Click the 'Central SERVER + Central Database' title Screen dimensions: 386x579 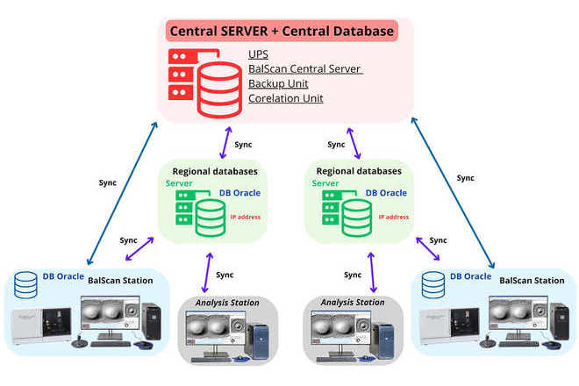[x=282, y=32]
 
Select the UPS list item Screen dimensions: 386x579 [x=258, y=54]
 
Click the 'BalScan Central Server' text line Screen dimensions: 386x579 [x=304, y=69]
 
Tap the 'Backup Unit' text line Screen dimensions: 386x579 [x=279, y=84]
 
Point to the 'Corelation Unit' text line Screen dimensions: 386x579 [x=285, y=98]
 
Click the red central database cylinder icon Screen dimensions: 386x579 [x=220, y=83]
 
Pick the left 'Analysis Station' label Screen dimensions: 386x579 [x=227, y=303]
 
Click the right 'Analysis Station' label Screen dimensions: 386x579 [x=353, y=303]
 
